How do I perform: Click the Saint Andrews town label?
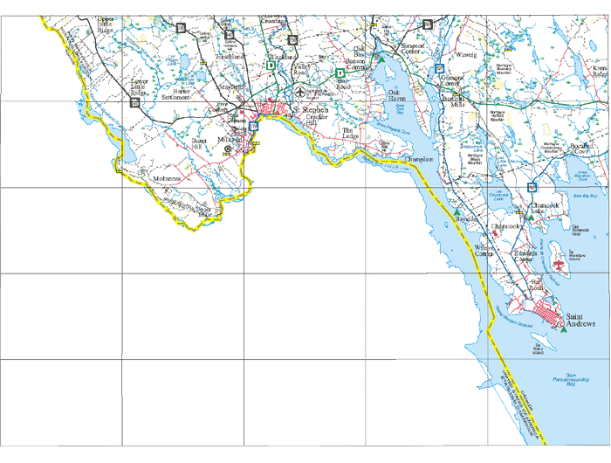(x=580, y=320)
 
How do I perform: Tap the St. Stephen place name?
(x=310, y=111)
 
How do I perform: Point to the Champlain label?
(x=420, y=161)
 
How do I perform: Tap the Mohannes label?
(x=166, y=178)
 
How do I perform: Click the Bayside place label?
(x=468, y=218)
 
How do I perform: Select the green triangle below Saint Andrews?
(x=563, y=330)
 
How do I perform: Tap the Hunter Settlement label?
(x=182, y=93)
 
